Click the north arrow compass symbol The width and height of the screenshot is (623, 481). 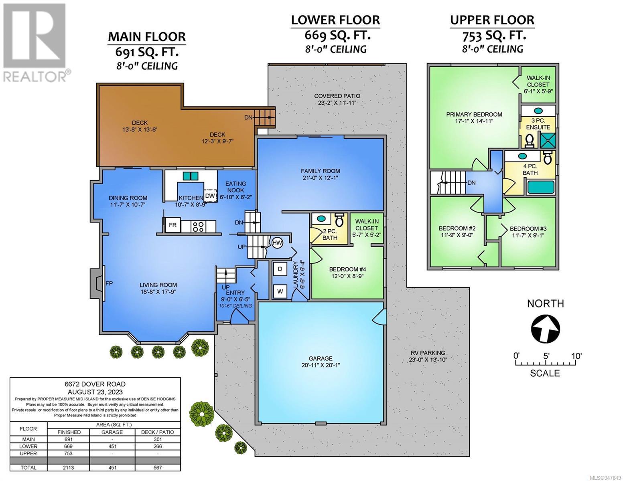(545, 329)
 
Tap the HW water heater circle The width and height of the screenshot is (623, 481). (277, 243)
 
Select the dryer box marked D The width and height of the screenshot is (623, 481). (280, 269)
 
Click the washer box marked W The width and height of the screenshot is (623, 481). (280, 291)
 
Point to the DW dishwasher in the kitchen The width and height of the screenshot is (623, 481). (210, 196)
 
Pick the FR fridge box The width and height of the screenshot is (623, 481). (172, 225)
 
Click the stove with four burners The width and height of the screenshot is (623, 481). (198, 226)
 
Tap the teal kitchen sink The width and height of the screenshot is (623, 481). (191, 176)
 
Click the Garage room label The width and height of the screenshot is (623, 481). (320, 358)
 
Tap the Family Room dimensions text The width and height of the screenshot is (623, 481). (320, 178)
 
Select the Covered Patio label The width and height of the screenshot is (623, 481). (337, 96)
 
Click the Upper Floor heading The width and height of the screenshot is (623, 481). (492, 20)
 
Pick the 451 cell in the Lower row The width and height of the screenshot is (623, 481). (112, 447)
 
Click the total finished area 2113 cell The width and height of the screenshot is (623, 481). (69, 467)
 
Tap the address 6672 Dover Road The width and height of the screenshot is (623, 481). (95, 384)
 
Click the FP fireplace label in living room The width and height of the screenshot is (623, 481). (109, 283)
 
